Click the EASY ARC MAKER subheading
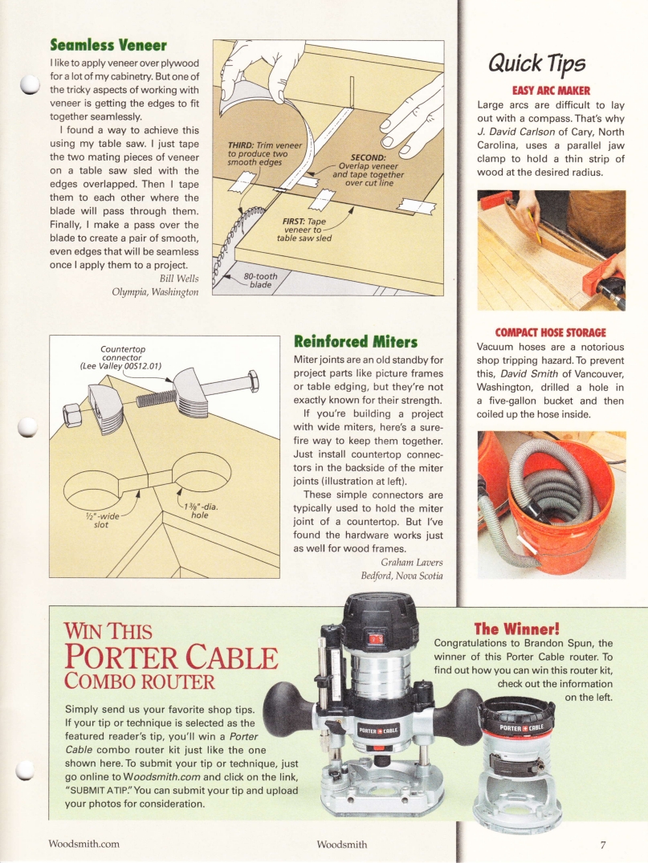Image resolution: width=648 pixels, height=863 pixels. pos(550,91)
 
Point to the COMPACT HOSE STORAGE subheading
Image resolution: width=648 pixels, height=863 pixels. pos(550,332)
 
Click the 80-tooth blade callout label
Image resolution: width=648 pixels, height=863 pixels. pos(261,280)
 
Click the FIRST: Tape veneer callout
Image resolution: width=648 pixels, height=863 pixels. pos(304,228)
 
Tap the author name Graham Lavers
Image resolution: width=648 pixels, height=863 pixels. pos(412,561)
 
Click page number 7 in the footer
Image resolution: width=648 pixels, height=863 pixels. pos(601,844)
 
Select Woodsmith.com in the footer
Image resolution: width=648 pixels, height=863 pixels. pos(84,844)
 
